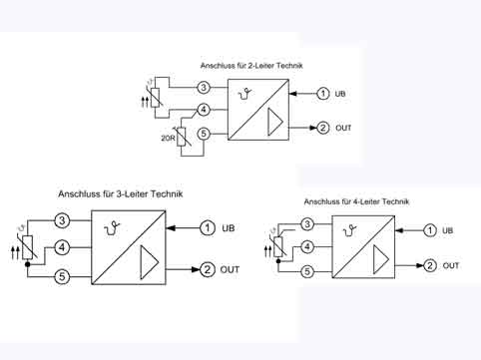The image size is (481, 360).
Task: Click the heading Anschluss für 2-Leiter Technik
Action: pos(252,65)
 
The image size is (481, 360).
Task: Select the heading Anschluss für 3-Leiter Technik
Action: pos(121,192)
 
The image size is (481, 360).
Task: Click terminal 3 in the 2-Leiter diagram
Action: pos(203,88)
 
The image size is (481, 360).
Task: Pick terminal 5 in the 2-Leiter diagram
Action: pos(203,133)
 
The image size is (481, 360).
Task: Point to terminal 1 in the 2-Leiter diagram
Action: pos(322,94)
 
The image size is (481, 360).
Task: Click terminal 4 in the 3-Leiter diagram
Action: pos(62,246)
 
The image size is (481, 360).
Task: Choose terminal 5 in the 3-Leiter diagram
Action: pos(62,276)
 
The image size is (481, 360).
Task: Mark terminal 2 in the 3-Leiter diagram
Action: pos(208,269)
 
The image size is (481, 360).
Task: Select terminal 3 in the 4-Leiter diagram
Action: pos(308,224)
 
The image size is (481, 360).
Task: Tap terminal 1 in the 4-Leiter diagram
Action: pos(430,230)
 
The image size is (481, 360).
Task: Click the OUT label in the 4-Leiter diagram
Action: pos(451,265)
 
